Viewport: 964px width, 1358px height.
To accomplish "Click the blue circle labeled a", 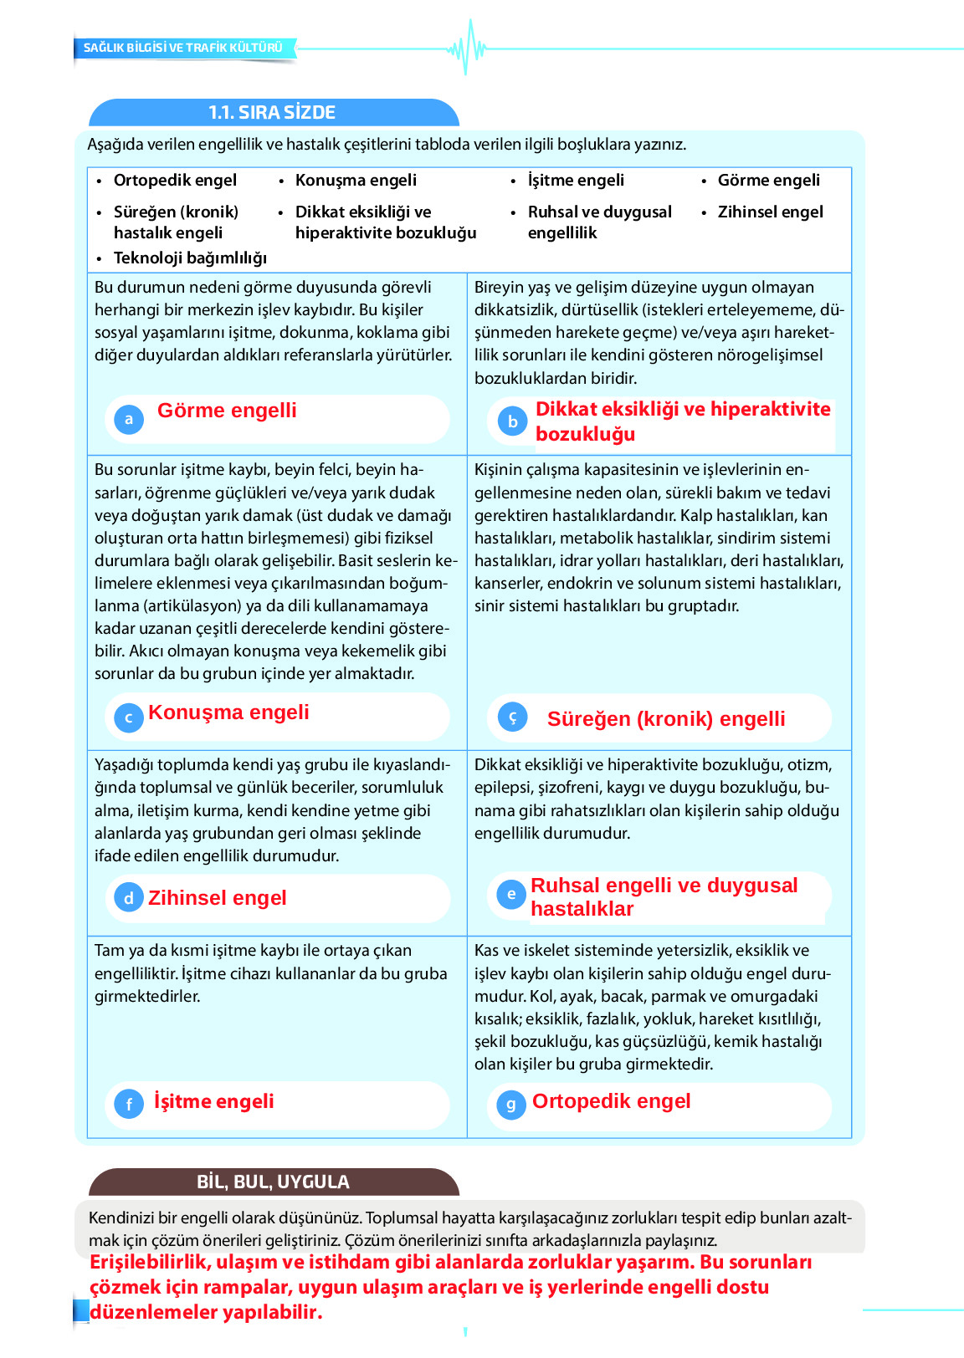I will (x=129, y=419).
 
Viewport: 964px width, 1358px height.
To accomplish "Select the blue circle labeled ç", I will (x=512, y=717).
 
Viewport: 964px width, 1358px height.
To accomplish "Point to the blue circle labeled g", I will (x=510, y=1105).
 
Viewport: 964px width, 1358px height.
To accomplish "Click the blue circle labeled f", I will (x=129, y=1105).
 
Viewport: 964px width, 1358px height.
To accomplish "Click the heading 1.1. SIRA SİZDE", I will (x=272, y=113).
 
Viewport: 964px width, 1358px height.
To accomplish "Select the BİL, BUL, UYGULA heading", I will (x=273, y=1182).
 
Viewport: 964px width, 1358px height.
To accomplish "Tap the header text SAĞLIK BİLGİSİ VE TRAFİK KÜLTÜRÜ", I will (x=183, y=48).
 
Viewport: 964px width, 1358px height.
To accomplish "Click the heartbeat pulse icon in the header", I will (x=467, y=48).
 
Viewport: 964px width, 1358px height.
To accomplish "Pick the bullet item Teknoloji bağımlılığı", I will (x=190, y=258).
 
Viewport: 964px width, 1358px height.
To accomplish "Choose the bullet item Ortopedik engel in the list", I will (x=175, y=180).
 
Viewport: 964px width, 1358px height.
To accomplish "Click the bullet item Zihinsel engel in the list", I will (x=770, y=212).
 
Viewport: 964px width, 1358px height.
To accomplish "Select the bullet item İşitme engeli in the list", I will (x=576, y=180).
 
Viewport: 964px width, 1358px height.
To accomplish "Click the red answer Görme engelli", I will (x=227, y=411).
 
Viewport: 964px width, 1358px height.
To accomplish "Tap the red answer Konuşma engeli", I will (x=228, y=712).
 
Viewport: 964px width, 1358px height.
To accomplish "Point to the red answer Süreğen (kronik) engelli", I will (x=666, y=719).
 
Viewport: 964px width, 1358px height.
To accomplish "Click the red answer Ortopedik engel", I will (x=611, y=1101).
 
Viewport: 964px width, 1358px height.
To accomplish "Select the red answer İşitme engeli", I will (x=213, y=1101).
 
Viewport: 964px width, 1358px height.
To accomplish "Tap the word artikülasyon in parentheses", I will (x=192, y=605).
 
